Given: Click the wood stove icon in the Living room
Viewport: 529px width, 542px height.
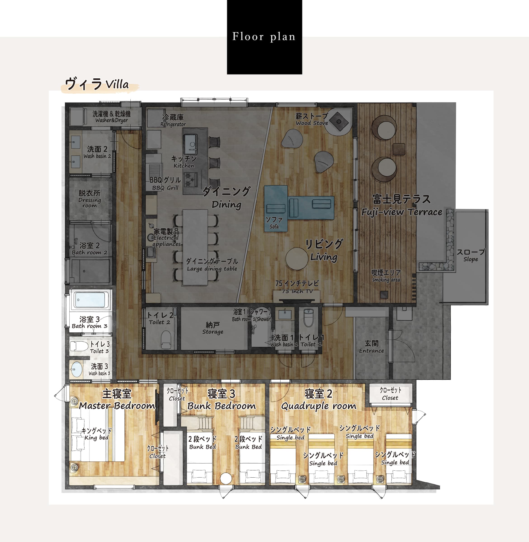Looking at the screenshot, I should pos(339,121).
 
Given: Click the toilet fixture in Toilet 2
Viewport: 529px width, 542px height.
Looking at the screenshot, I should pos(166,339).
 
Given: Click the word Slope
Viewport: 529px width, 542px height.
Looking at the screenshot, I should pos(471,259).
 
